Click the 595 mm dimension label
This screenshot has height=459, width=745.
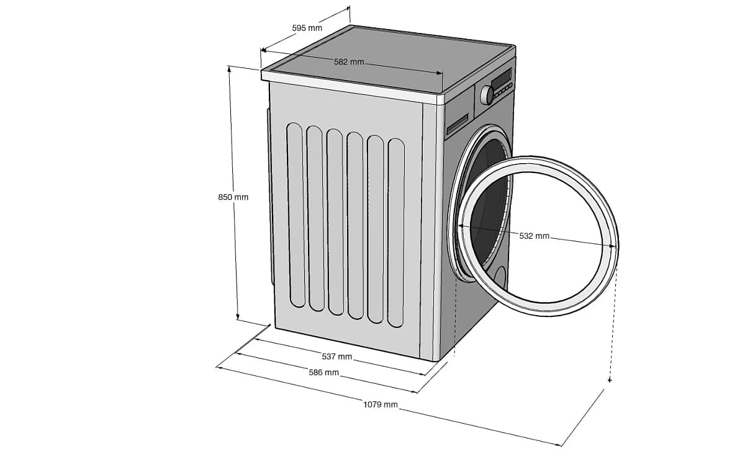coord(307,28)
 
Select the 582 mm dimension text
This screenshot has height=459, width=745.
coord(349,62)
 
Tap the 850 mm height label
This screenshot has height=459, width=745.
coord(233,197)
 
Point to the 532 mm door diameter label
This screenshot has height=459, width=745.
coord(534,236)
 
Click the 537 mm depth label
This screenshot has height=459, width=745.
coord(336,357)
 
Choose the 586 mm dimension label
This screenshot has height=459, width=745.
coord(323,373)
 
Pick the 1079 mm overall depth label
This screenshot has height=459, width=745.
coord(380,405)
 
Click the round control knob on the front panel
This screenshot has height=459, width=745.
coord(488,95)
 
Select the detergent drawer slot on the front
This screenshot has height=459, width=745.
coord(458,123)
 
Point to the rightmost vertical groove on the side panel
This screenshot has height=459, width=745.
coord(396,233)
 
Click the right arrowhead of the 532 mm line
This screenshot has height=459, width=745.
coord(613,246)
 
